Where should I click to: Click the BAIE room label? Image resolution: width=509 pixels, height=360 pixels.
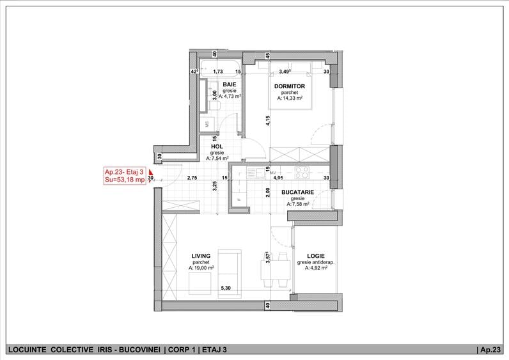pos(230,84)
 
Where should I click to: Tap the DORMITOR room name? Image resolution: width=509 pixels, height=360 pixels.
pos(290,86)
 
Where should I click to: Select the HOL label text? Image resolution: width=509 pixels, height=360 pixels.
pos(217,146)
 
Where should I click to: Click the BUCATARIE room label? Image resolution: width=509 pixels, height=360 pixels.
pos(298,192)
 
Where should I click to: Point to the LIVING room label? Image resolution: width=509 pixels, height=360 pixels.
pos(201,256)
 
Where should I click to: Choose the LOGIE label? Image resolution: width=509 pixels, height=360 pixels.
pos(316,256)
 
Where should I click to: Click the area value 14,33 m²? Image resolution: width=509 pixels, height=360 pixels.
pos(290,98)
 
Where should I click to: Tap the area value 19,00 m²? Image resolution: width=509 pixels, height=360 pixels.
pos(201,268)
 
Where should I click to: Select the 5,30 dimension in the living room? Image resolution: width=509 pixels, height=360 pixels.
pos(226,288)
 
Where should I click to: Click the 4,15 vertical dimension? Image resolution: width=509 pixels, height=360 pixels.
pos(268,120)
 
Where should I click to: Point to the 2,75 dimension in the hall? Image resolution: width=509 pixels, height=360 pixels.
pos(192,178)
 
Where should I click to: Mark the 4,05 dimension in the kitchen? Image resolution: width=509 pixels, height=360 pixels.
pos(278,178)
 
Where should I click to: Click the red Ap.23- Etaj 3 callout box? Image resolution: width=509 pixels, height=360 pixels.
pos(125,176)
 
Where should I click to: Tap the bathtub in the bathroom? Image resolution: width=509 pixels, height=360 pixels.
pos(221,68)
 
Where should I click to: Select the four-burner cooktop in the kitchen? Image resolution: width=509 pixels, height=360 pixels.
pos(302,173)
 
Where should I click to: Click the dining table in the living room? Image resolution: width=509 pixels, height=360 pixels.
pos(276,269)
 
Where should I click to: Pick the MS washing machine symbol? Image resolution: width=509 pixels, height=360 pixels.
pos(207,123)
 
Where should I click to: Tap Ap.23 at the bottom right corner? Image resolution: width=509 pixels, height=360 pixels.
pos(490,350)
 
